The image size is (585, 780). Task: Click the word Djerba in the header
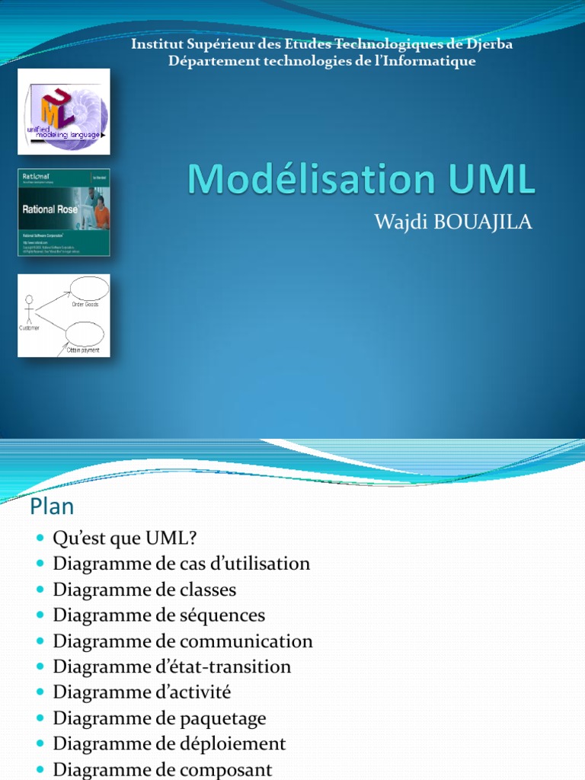click(x=487, y=44)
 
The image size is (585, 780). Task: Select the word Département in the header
click(x=206, y=61)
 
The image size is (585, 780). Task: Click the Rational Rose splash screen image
click(x=64, y=212)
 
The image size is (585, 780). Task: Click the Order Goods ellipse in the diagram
click(x=90, y=289)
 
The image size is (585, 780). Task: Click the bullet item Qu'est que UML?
click(x=125, y=539)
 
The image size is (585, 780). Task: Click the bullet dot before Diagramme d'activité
click(x=40, y=692)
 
